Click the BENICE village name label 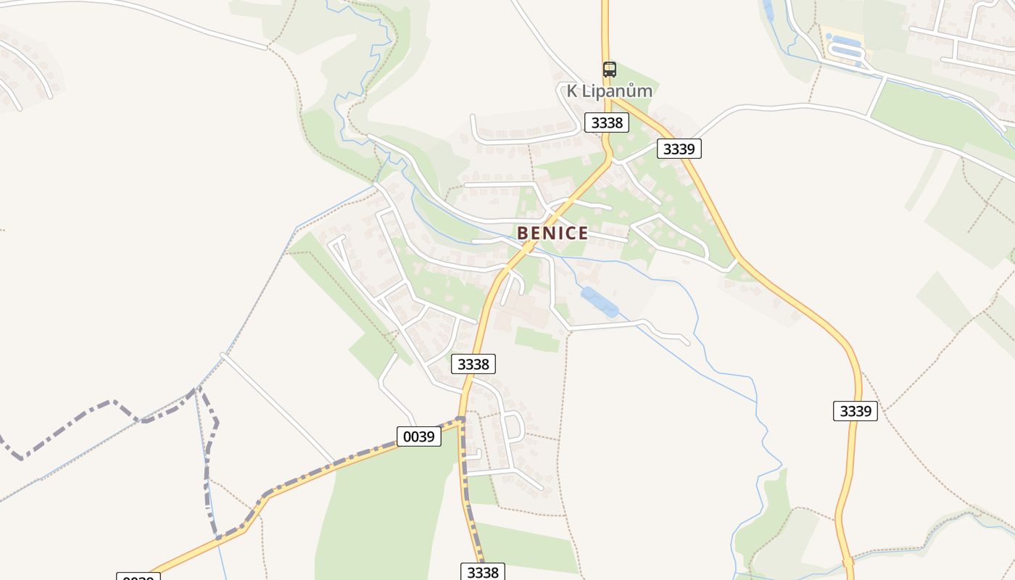552,233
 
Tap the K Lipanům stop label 610,91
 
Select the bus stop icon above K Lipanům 610,70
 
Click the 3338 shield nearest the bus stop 607,123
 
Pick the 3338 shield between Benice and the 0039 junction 473,364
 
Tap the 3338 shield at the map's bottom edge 483,572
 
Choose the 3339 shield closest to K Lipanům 679,149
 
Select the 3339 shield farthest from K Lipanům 855,411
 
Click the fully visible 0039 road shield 419,436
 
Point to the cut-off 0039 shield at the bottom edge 138,577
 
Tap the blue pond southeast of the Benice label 600,302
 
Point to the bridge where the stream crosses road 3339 848,560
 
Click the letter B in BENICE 522,233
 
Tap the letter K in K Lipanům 572,91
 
